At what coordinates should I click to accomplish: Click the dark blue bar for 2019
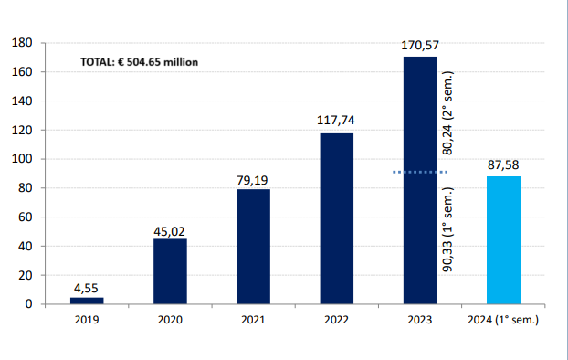click(x=87, y=300)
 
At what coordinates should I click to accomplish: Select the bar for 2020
click(x=170, y=270)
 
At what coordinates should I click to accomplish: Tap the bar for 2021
click(x=253, y=246)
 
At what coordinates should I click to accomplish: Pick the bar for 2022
click(x=336, y=218)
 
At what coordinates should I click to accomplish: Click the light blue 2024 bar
click(x=503, y=239)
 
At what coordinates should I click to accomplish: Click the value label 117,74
click(x=336, y=121)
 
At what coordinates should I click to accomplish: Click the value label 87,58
click(x=503, y=164)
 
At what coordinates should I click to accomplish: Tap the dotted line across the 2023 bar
click(x=420, y=172)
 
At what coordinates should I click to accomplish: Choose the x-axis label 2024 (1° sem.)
click(x=503, y=321)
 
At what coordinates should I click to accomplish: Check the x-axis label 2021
click(x=253, y=321)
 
